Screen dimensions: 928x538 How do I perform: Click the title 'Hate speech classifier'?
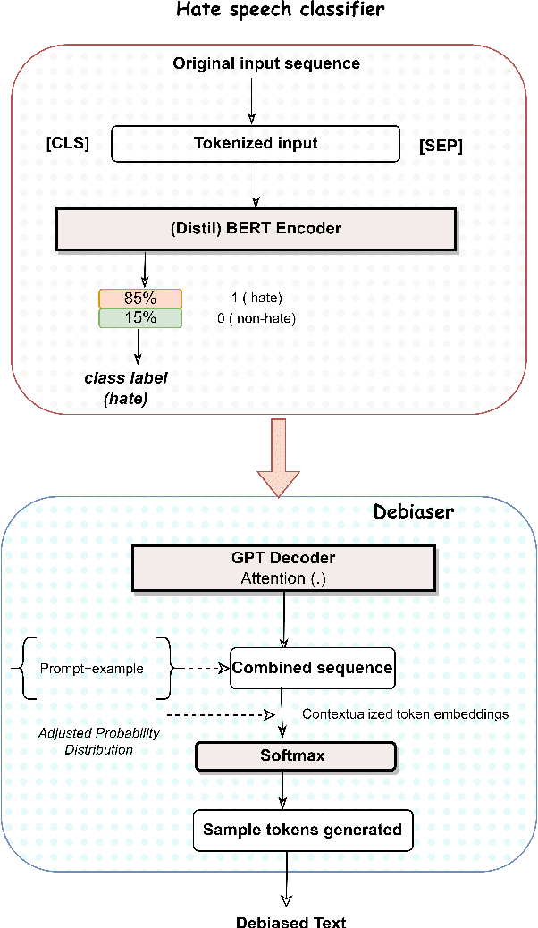click(x=267, y=12)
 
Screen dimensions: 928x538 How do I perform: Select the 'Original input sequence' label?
click(x=266, y=63)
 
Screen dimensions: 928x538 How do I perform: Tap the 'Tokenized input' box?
click(x=256, y=143)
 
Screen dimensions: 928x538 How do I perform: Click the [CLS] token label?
click(x=68, y=143)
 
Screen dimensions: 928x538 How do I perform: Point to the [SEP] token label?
click(x=441, y=145)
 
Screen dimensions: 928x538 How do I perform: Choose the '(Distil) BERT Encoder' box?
click(x=256, y=228)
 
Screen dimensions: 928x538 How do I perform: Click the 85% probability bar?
click(x=140, y=299)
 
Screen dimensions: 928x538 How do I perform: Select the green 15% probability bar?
click(x=140, y=317)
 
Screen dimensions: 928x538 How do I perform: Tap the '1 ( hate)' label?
click(x=256, y=299)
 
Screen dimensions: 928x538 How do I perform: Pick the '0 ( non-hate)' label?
click(x=256, y=317)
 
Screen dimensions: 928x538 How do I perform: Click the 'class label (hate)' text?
click(x=126, y=386)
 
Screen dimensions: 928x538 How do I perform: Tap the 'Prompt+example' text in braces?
click(x=91, y=668)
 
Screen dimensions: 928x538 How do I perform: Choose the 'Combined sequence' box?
click(x=312, y=668)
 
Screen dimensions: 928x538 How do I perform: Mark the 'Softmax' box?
click(x=295, y=756)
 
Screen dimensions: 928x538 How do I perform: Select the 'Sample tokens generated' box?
click(x=302, y=830)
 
